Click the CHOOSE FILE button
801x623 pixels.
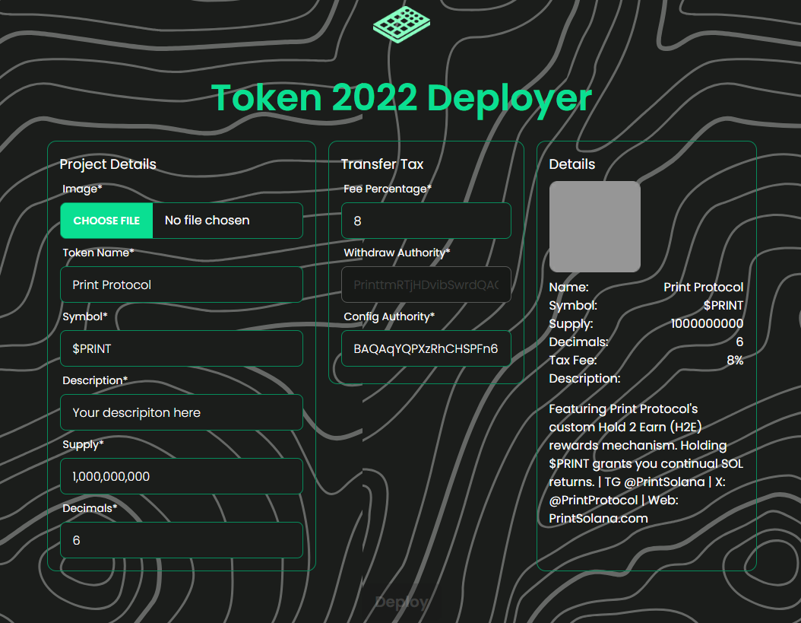tap(106, 221)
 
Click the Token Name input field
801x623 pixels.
tap(182, 284)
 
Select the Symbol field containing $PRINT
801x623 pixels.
tap(182, 348)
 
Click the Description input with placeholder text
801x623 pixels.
tap(182, 412)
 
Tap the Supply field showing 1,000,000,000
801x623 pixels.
tap(182, 476)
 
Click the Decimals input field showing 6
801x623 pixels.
tap(182, 540)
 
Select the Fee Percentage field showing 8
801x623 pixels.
tap(426, 221)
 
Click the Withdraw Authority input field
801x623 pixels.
tap(426, 284)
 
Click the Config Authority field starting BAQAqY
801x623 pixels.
tap(426, 348)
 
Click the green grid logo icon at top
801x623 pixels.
tap(401, 24)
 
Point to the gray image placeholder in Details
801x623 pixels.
tap(594, 227)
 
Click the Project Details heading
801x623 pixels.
tap(108, 164)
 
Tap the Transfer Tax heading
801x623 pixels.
tap(382, 164)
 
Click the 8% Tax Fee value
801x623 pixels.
tap(735, 361)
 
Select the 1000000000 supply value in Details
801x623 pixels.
tap(707, 324)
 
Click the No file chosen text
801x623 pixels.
tap(207, 221)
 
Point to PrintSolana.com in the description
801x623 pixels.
tap(598, 519)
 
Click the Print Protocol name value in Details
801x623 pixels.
tap(703, 288)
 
